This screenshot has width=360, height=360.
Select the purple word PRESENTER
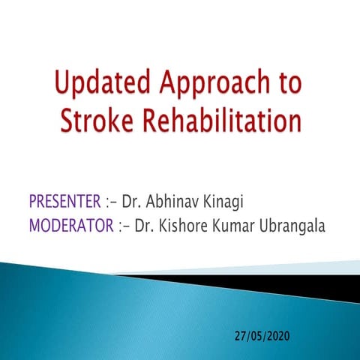[64, 202]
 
